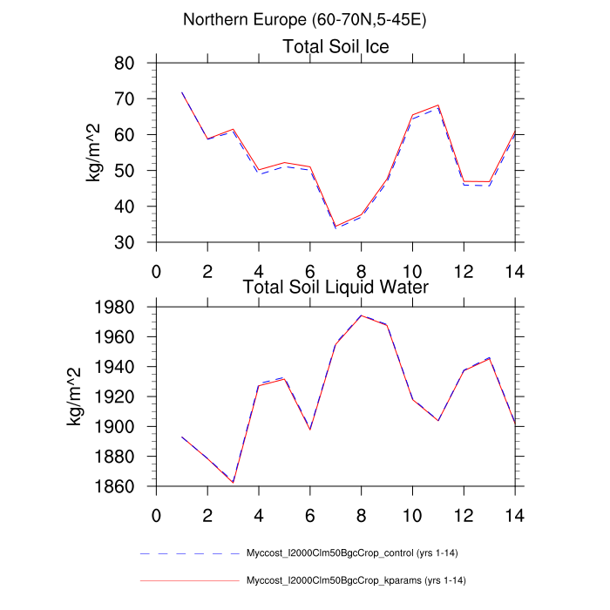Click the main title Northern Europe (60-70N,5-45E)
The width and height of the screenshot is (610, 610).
(305, 19)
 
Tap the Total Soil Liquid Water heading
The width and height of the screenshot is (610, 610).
(335, 286)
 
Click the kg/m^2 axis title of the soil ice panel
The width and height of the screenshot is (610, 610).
(93, 152)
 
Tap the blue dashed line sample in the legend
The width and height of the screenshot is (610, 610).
(188, 553)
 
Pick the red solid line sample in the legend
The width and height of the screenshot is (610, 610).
(188, 579)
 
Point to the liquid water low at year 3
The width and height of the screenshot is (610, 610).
(233, 482)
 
